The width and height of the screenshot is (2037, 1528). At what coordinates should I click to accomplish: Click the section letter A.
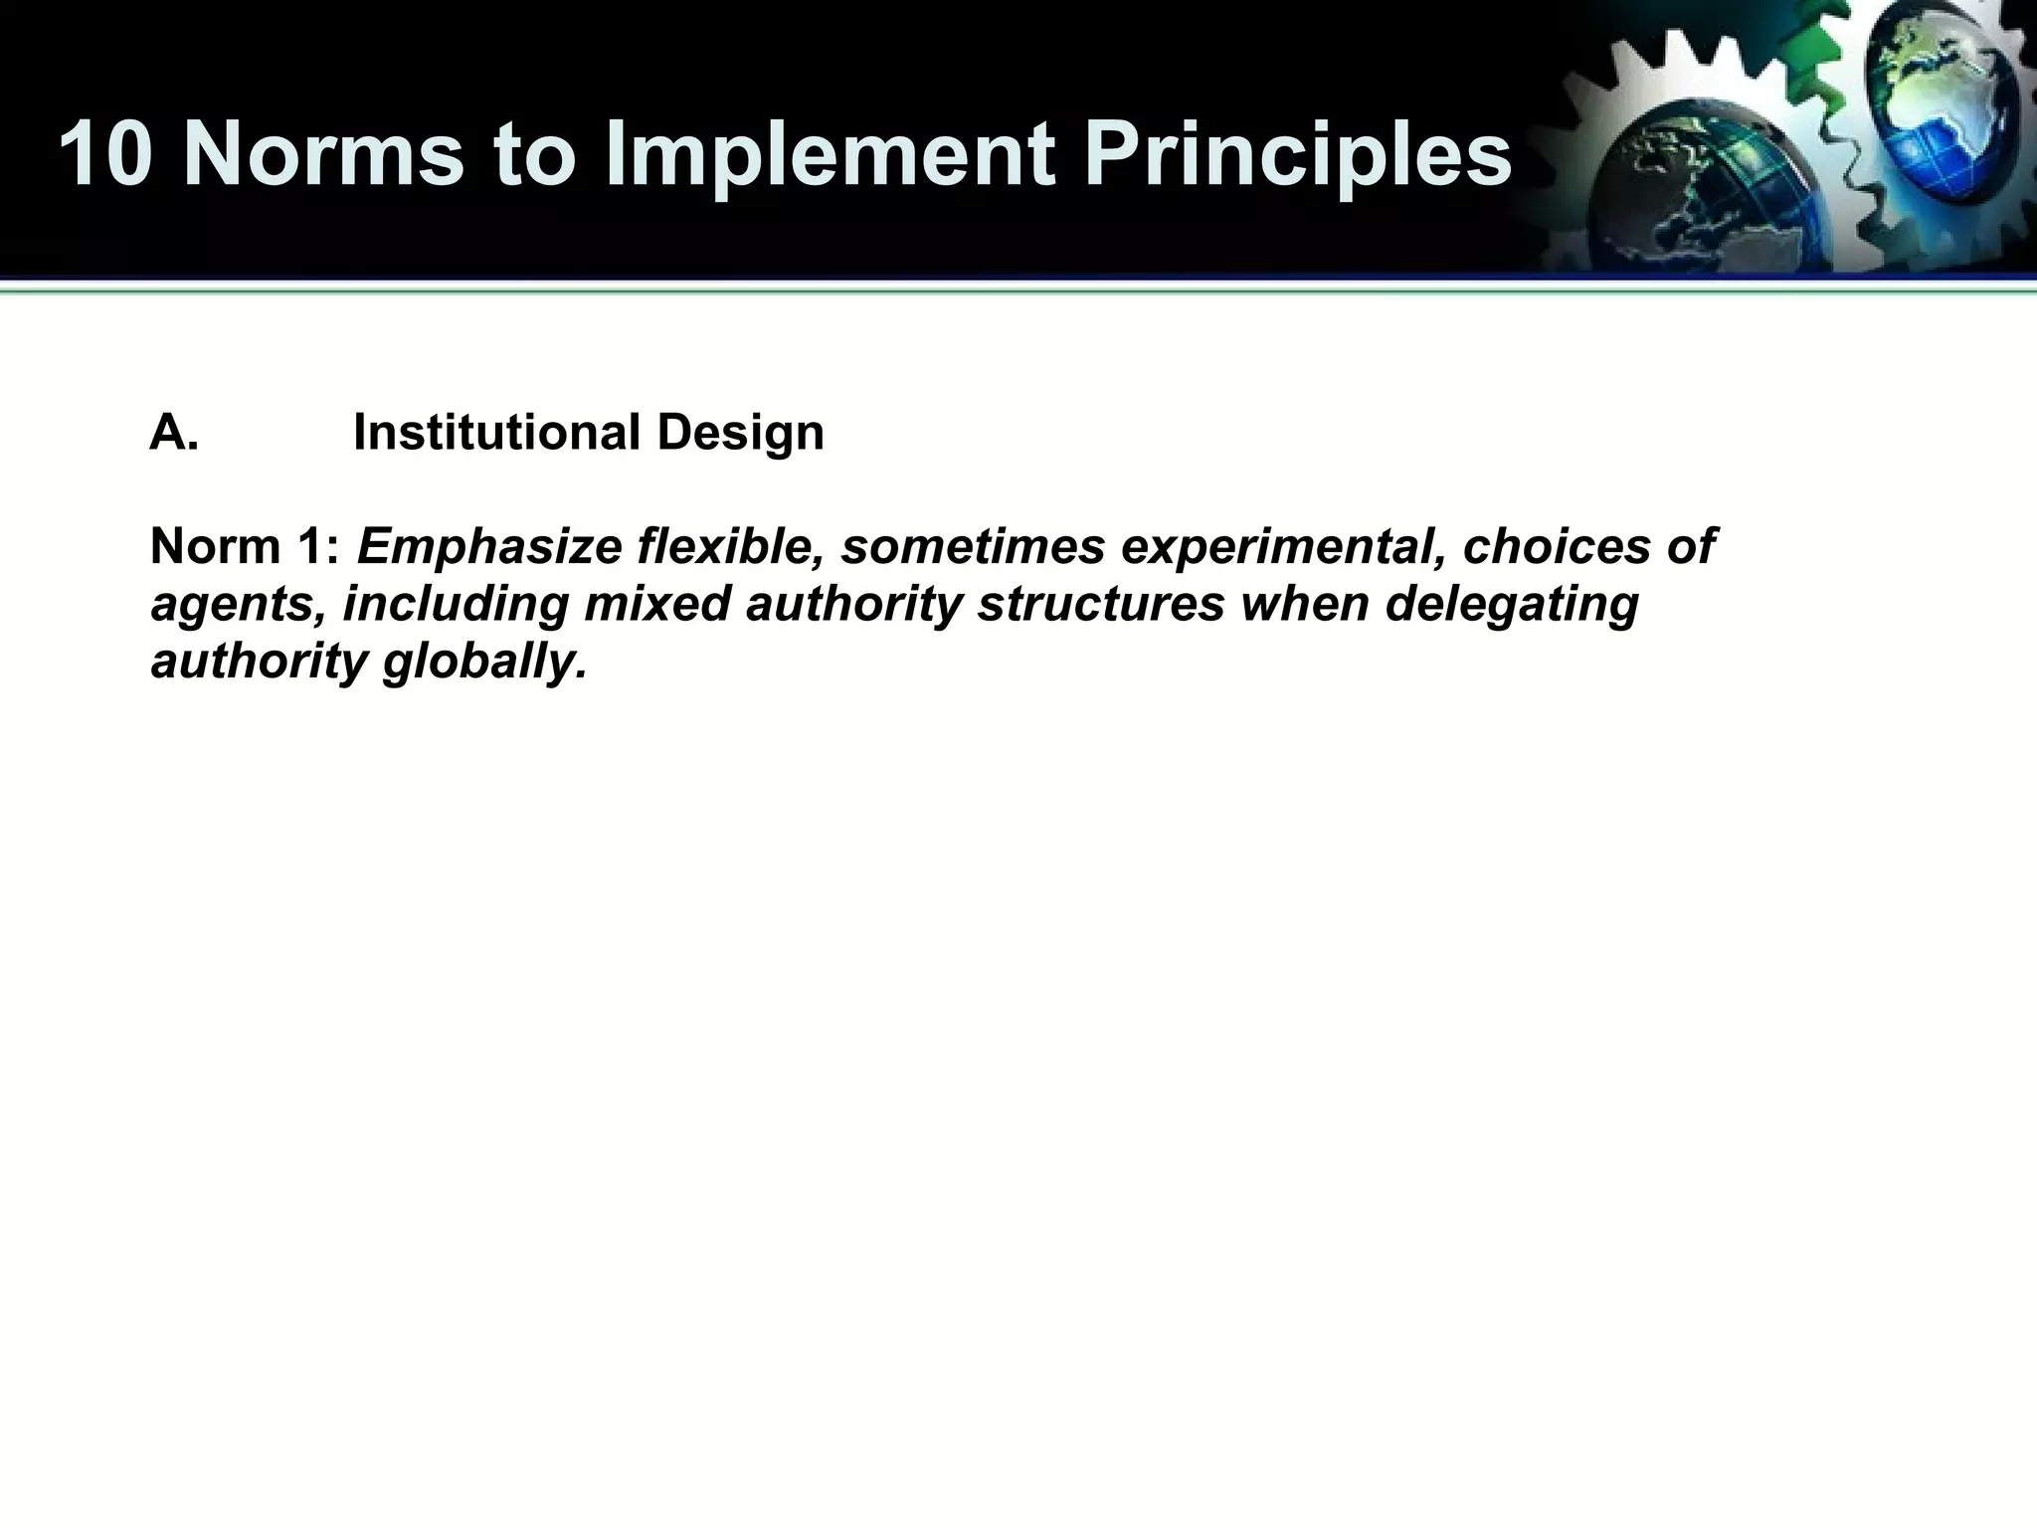[x=175, y=433]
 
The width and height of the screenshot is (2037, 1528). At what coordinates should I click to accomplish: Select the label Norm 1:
[x=245, y=546]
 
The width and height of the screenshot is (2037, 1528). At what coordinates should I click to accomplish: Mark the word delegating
[x=1512, y=604]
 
